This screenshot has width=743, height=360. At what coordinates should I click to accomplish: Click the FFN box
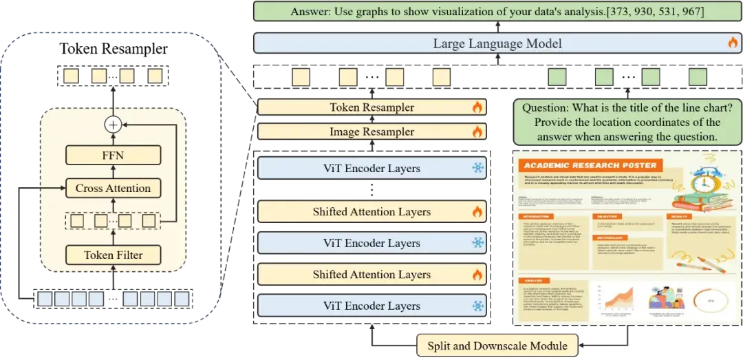tap(112, 156)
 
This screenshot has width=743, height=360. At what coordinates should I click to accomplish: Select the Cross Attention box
tap(112, 188)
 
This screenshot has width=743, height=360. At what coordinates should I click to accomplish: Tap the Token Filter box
tap(112, 255)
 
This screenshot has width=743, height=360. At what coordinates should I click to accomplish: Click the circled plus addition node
tap(112, 125)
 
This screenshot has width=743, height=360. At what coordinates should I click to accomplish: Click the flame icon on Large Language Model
tap(733, 43)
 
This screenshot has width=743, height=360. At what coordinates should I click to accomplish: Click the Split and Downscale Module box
tap(497, 346)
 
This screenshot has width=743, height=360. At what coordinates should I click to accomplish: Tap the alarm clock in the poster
tap(703, 185)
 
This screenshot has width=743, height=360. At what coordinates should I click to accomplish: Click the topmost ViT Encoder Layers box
tap(371, 169)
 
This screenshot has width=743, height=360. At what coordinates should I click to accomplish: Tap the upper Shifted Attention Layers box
tap(371, 212)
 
